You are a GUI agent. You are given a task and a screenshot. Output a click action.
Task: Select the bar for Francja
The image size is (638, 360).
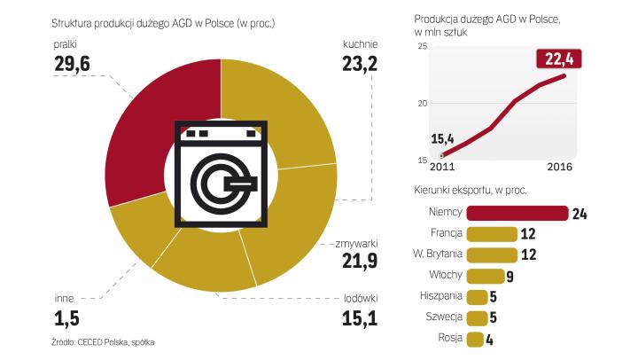pyautogui.click(x=491, y=233)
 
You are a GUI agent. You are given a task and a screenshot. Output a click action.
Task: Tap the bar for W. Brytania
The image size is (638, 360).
pyautogui.click(x=491, y=254)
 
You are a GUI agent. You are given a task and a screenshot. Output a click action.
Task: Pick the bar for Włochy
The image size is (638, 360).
pyautogui.click(x=485, y=275)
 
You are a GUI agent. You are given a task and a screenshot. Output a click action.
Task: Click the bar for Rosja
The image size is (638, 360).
pyautogui.click(x=474, y=338)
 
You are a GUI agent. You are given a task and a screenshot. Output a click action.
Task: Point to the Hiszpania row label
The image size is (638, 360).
pyautogui.click(x=435, y=296)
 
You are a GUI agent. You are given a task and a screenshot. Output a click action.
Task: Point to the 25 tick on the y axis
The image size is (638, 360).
pyautogui.click(x=421, y=46)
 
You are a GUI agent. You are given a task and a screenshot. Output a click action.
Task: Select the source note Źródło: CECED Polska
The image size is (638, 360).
pyautogui.click(x=89, y=341)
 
